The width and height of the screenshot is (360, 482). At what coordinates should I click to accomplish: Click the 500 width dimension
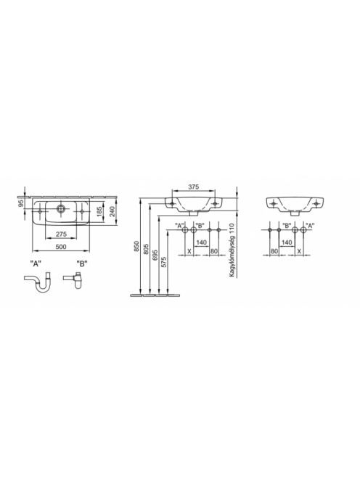(61, 247)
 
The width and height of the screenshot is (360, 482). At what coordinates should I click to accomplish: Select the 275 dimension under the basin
(61, 234)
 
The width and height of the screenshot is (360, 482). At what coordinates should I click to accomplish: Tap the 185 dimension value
(99, 212)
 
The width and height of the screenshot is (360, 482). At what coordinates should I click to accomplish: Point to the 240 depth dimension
(112, 212)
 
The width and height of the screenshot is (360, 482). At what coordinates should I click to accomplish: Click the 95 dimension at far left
(21, 203)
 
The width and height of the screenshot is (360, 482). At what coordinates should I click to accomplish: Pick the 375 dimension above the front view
(194, 187)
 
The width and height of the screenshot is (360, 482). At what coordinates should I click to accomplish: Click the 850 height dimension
(136, 247)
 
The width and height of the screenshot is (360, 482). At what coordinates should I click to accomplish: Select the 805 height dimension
(146, 249)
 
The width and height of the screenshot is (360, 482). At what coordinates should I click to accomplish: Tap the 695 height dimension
(155, 255)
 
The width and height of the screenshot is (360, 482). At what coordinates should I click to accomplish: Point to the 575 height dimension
(164, 262)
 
